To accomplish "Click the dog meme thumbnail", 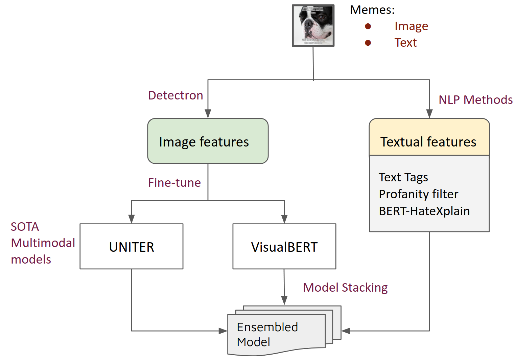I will [x=313, y=25].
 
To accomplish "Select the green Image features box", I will [x=208, y=141].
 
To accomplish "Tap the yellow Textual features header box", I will [x=429, y=137].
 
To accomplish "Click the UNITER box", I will [x=132, y=246].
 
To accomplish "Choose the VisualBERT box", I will [x=284, y=246].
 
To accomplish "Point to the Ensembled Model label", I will [x=267, y=334].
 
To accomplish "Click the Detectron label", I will [x=175, y=95].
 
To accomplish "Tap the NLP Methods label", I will [x=475, y=100].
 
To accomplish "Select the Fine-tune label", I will [x=174, y=183].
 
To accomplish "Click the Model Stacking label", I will [x=345, y=288].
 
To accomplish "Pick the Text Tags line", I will [x=403, y=177].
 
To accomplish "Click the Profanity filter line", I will [x=419, y=194].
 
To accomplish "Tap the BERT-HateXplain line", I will [x=424, y=211].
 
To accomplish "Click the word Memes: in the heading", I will [x=372, y=10].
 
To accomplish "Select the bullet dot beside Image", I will [x=368, y=26].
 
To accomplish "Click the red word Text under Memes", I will [x=405, y=43].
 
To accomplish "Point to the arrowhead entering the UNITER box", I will [x=132, y=219].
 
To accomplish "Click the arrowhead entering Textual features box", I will [x=429, y=114].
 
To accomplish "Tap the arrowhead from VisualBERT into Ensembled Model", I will [x=284, y=300].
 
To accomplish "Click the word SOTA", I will [x=25, y=227].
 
